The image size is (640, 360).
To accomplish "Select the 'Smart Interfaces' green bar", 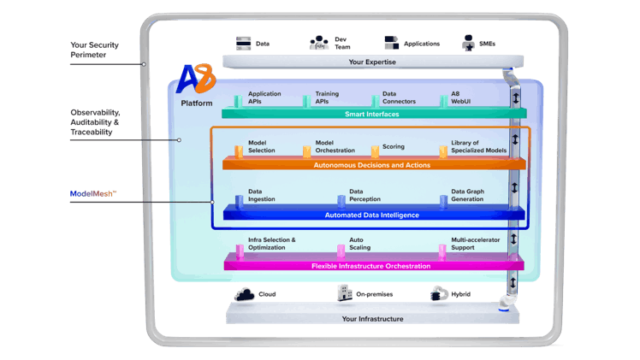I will click(371, 114).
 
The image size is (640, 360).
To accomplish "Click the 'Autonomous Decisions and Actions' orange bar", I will click(371, 163).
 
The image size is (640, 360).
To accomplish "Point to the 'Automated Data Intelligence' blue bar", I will click(371, 215).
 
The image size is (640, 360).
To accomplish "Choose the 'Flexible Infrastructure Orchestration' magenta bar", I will click(371, 266).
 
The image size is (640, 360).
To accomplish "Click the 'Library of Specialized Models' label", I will click(478, 146).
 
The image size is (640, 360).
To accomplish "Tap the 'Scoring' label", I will click(393, 146).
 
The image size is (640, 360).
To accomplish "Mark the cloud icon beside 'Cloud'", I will click(244, 294).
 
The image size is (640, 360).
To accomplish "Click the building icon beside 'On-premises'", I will click(343, 294).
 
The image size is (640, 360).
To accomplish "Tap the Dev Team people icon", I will click(320, 44).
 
